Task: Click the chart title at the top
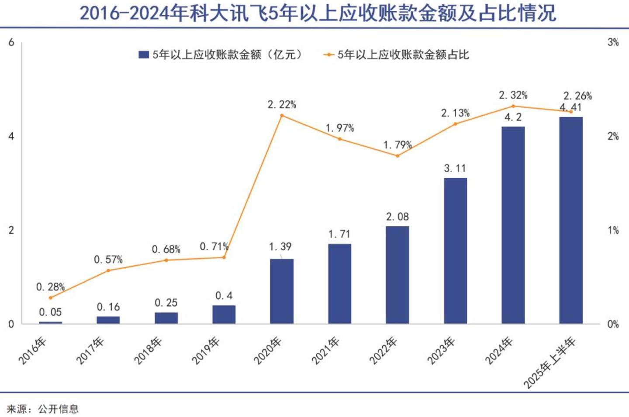[318, 14]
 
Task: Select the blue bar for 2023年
[455, 251]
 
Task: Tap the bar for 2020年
[282, 291]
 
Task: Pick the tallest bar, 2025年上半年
[571, 220]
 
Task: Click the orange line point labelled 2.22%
[282, 116]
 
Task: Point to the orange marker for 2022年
[397, 156]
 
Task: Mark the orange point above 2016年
[51, 298]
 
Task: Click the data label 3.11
[455, 168]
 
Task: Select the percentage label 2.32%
[513, 95]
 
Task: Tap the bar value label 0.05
[50, 312]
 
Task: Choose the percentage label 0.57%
[108, 260]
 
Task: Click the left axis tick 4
[11, 137]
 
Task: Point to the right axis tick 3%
[613, 43]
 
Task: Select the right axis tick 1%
[613, 230]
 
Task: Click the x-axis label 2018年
[148, 351]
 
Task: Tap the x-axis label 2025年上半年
[549, 363]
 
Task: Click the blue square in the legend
[143, 55]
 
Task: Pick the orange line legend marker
[328, 55]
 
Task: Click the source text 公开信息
[59, 409]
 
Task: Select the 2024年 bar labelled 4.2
[513, 225]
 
